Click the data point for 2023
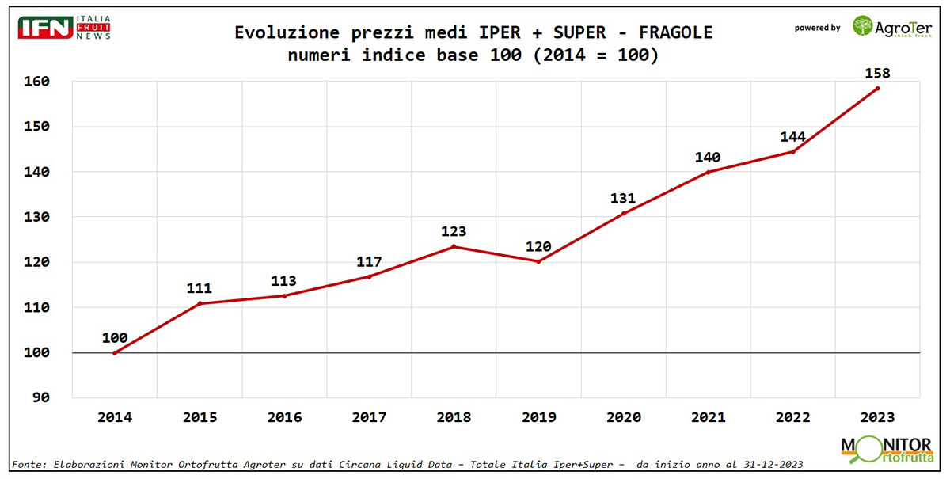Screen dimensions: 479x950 877,88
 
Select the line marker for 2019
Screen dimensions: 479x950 538,261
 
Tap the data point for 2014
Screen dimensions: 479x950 115,352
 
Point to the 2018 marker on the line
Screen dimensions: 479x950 454,246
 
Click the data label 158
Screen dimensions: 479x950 877,73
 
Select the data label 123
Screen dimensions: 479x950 454,232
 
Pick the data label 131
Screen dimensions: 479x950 623,199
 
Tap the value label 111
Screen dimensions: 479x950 199,289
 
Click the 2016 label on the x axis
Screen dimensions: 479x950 284,417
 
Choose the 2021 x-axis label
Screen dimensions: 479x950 708,417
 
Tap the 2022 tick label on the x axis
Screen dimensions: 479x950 792,417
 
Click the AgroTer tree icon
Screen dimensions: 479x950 863,25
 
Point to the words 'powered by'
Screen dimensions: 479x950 818,28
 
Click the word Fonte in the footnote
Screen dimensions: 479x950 27,463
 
